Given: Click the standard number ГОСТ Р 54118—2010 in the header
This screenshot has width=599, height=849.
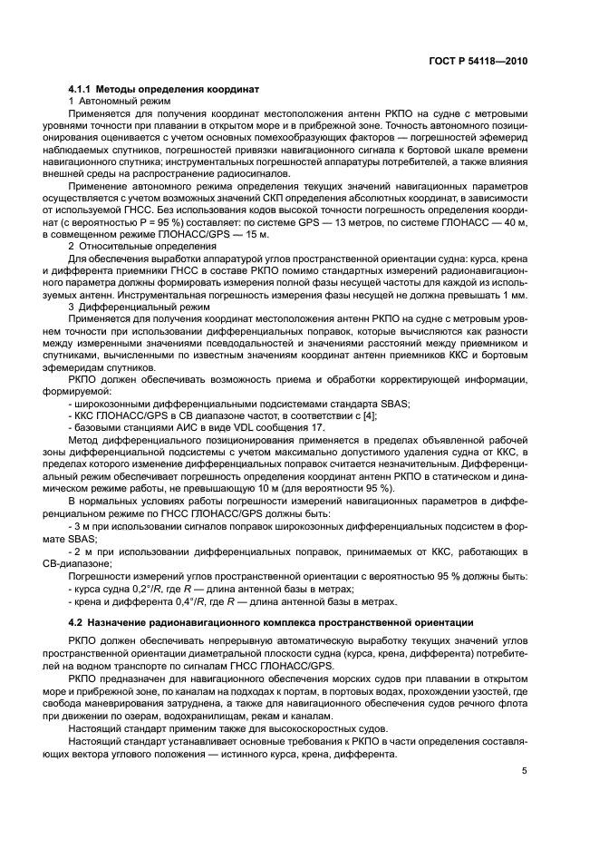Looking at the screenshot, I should (477, 61).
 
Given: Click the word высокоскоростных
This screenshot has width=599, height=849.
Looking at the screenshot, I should (301, 728).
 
